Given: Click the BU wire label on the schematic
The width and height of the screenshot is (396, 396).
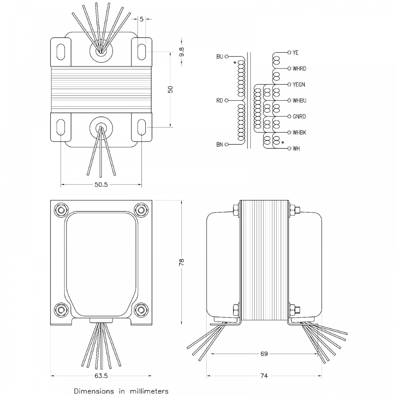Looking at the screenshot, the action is click(x=219, y=57).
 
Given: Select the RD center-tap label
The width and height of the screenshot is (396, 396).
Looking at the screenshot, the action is click(x=219, y=101).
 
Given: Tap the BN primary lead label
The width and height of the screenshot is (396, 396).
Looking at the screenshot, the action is click(x=219, y=145).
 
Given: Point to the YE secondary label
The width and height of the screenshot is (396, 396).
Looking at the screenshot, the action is click(x=295, y=53).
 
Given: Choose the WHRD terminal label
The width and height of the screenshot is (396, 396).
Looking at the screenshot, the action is click(x=299, y=69).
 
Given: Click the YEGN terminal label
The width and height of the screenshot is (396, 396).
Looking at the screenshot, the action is click(x=299, y=85).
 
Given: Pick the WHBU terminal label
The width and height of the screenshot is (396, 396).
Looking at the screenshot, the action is click(x=299, y=101).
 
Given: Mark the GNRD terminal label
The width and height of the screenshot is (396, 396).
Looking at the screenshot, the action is click(x=299, y=116).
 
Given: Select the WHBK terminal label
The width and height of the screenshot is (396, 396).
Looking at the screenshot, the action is click(x=299, y=132).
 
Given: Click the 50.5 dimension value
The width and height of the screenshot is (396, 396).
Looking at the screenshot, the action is click(x=101, y=185).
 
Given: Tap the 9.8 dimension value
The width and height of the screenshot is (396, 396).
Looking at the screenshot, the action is click(x=182, y=52).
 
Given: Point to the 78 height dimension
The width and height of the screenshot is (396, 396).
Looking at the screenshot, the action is click(x=181, y=262).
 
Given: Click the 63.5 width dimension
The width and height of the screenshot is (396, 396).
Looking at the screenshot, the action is click(x=101, y=376).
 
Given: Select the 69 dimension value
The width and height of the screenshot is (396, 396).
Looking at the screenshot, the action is click(x=264, y=354).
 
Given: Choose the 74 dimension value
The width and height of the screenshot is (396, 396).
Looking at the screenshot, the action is click(x=264, y=376).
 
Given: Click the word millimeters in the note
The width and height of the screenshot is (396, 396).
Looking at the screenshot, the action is click(x=149, y=391).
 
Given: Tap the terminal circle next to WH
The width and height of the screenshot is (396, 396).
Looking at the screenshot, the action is click(x=289, y=148).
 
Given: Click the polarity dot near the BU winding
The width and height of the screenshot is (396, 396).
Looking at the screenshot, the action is click(x=235, y=62).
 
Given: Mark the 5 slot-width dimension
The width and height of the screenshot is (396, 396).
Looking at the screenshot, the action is click(x=141, y=19).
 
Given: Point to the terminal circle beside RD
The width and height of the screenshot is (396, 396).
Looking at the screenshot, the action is click(x=227, y=101).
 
